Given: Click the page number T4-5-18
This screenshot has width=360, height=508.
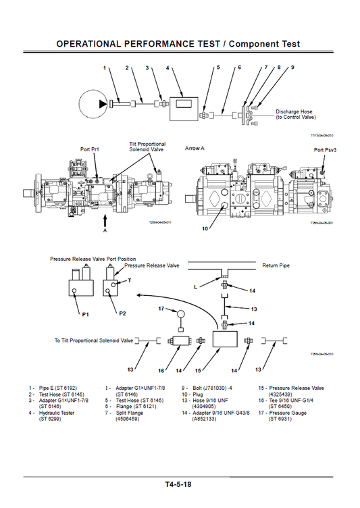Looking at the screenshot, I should (x=178, y=484).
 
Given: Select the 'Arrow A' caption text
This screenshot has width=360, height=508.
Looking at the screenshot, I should (x=197, y=147).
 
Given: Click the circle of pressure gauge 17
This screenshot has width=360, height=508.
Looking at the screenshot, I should (x=180, y=313).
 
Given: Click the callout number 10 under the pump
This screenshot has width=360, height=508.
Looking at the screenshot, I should (x=205, y=229).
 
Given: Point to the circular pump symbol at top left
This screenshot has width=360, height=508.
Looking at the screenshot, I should (x=93, y=103).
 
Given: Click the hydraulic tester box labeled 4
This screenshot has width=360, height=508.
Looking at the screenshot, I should (x=182, y=104).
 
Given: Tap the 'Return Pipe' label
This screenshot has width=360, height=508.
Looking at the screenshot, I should (x=276, y=265).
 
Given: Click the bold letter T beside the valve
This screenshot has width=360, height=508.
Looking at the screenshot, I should (x=130, y=280).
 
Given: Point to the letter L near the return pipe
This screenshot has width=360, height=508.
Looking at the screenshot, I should (x=197, y=287).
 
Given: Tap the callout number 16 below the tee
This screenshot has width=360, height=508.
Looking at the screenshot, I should (x=162, y=371).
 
